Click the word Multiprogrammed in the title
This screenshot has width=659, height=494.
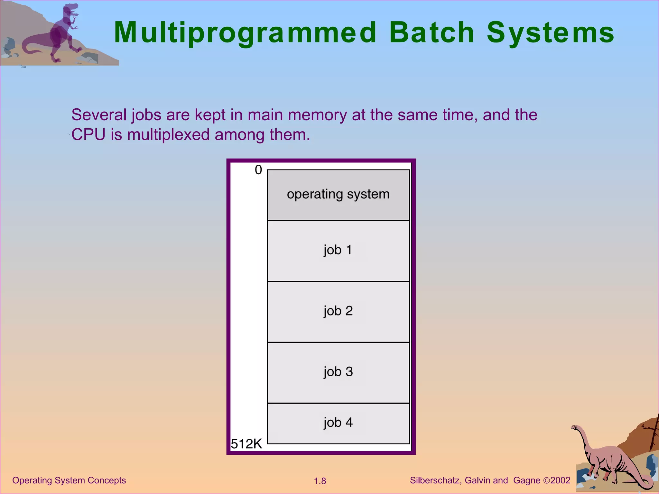coord(245,33)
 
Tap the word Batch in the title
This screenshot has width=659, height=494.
coord(432,33)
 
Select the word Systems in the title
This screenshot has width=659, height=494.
coord(551,33)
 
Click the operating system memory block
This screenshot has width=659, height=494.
coord(338,195)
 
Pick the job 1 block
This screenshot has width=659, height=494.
coord(338,250)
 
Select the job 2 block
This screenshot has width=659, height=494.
coord(338,311)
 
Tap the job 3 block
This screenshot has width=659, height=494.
coord(338,372)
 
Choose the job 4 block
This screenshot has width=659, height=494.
coord(338,423)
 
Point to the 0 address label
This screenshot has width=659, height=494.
coord(258,170)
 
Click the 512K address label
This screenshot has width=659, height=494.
coord(246,444)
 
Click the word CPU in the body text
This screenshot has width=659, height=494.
coord(88,135)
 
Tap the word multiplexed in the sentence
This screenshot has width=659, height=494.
coord(168,135)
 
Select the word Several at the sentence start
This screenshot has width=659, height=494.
coord(99,115)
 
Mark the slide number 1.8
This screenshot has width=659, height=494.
coord(320,481)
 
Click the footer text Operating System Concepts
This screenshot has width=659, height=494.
coord(69,480)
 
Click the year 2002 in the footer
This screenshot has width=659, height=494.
coord(560,480)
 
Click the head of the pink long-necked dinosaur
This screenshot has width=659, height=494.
coord(575,428)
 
